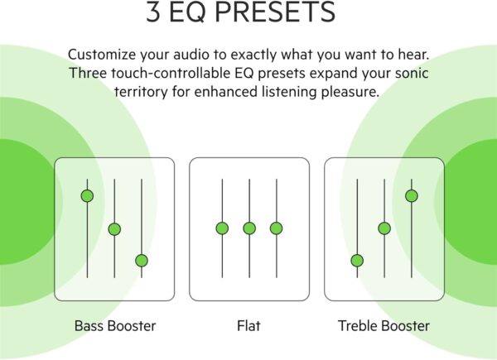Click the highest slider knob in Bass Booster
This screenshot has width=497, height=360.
[88, 196]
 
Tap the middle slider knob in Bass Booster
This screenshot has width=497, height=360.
[114, 229]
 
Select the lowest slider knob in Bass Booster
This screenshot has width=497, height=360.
[142, 261]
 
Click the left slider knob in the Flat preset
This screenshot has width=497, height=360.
[222, 228]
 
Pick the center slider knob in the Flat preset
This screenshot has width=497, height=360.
[249, 228]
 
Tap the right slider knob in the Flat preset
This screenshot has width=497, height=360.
[277, 228]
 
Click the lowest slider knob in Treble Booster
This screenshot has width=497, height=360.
[357, 261]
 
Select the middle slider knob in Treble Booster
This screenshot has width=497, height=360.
[384, 228]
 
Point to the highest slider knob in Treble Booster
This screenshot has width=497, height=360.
[412, 196]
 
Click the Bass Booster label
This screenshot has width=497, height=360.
[115, 326]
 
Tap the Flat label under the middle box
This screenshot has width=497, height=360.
[248, 326]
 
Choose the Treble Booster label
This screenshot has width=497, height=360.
[384, 326]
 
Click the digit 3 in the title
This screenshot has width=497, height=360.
[153, 12]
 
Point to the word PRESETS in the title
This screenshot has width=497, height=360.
[275, 12]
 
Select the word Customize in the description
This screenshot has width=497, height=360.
[102, 55]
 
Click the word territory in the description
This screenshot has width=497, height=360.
[142, 92]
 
